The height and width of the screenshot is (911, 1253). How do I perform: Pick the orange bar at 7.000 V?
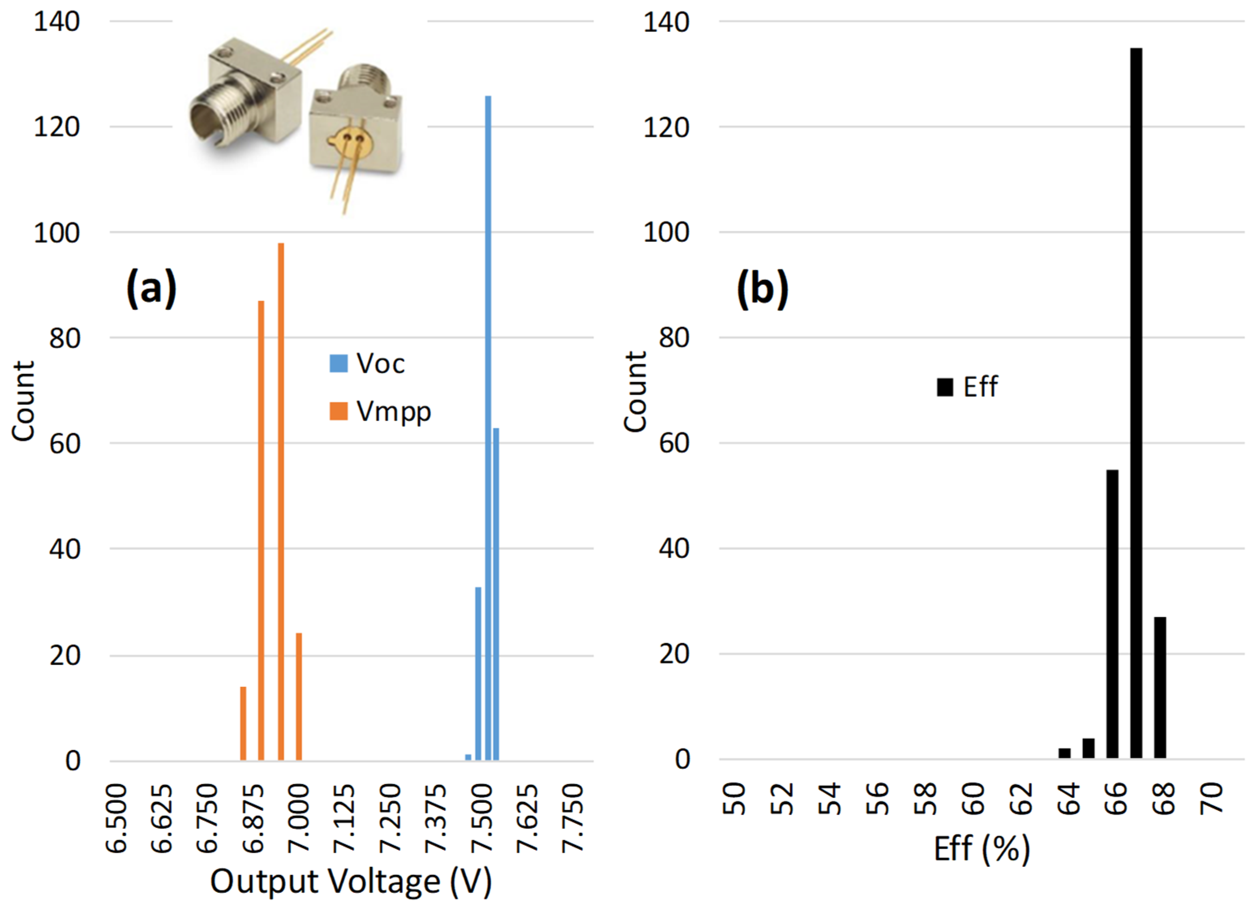click(x=299, y=697)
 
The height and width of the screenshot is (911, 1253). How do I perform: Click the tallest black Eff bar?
click(x=1136, y=403)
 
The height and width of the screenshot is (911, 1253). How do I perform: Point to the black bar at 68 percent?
click(x=1160, y=687)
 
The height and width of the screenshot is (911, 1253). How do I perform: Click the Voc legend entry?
click(x=367, y=364)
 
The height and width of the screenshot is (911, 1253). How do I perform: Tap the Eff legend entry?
click(x=967, y=387)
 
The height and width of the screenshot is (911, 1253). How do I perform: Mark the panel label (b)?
click(x=763, y=289)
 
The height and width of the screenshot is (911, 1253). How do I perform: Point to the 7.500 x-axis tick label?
click(x=482, y=818)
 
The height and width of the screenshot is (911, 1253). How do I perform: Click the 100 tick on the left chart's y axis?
click(x=56, y=233)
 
